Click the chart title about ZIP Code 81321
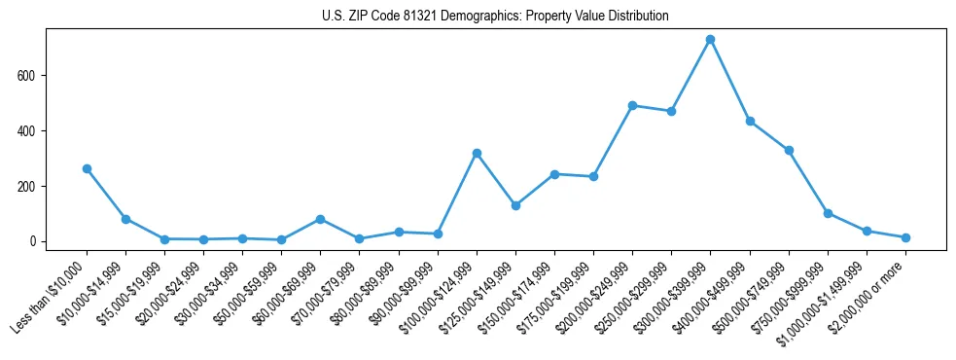495,16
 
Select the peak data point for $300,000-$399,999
710,40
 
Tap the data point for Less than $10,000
87,168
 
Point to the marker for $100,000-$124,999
477,153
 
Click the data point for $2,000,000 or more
905,237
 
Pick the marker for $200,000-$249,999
632,105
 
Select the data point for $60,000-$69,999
320,219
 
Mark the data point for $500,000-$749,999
789,150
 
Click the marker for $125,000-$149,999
515,205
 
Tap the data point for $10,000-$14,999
125,219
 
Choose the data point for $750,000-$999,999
828,213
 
